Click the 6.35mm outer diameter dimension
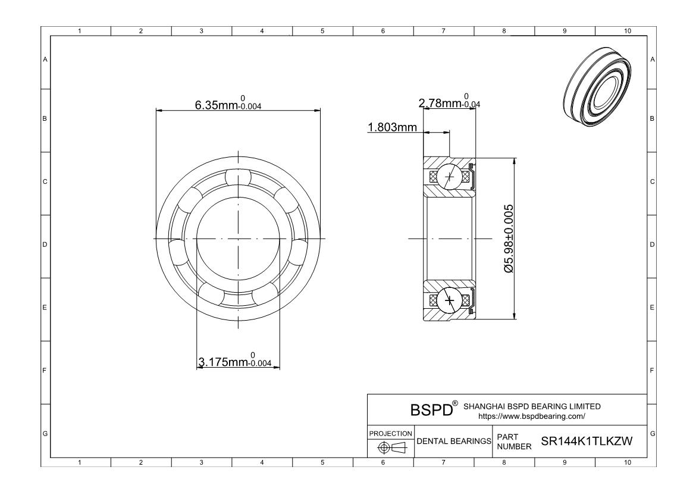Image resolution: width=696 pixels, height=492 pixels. click(228, 104)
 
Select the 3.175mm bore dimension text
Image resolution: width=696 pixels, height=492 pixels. click(235, 360)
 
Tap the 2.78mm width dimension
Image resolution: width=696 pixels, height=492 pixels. click(449, 102)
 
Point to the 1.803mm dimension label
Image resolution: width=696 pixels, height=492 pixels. click(393, 127)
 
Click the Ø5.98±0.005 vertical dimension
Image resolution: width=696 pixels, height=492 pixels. click(509, 239)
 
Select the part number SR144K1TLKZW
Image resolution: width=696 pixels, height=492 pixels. click(587, 441)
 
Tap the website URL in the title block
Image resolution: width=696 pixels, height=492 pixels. click(531, 416)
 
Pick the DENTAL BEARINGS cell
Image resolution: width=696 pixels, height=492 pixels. click(454, 441)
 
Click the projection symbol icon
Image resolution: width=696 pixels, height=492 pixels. click(392, 448)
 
